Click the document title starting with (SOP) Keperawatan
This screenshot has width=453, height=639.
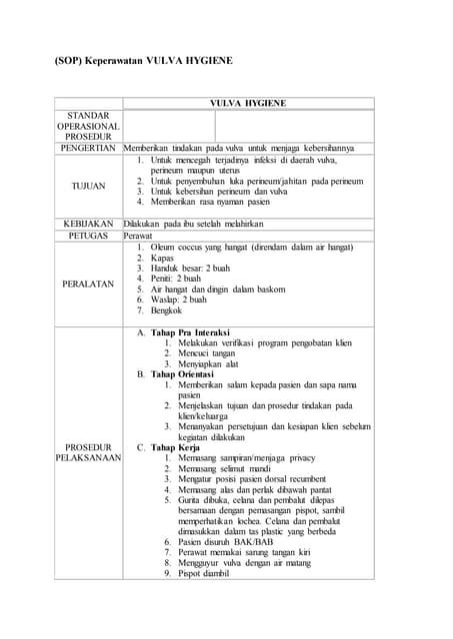click(x=129, y=61)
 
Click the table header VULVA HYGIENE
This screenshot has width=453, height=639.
click(x=248, y=103)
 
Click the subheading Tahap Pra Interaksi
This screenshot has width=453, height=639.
click(x=190, y=332)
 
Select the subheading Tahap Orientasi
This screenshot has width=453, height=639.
click(x=184, y=373)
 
